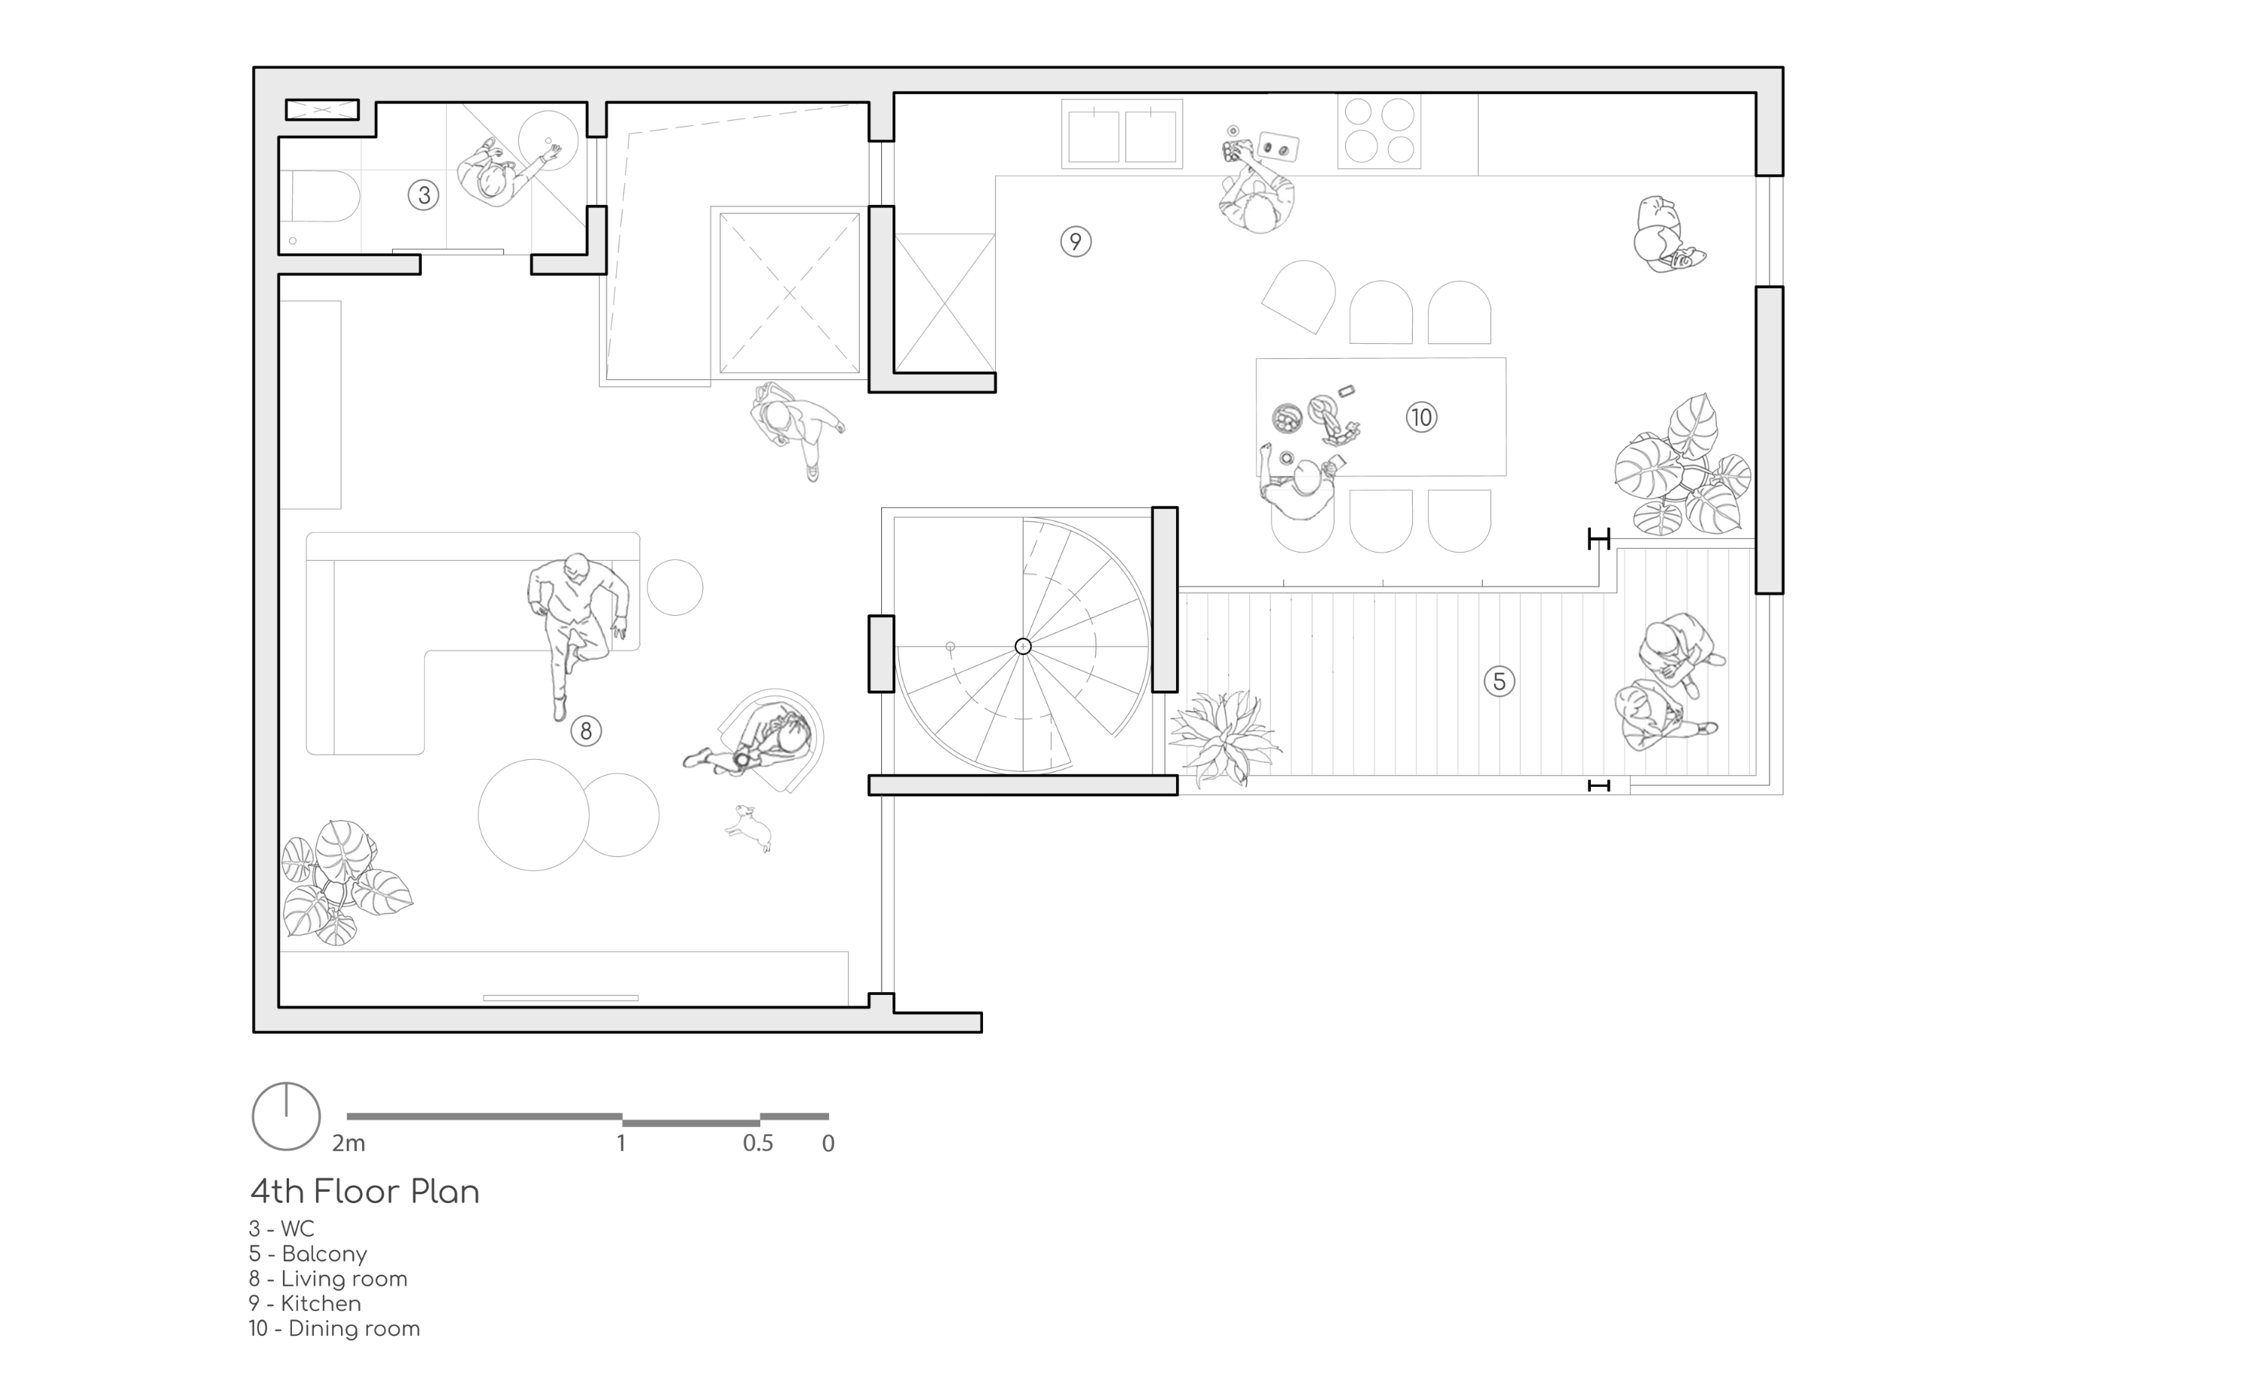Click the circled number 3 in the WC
pos(423,194)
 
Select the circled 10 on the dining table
pos(1421,418)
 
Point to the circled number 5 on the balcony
pos(1499,681)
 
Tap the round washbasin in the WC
pos(548,139)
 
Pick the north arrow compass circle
pos(286,1116)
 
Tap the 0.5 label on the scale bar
pos(757,1144)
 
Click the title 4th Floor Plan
pos(364,1192)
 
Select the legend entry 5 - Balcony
pos(308,1254)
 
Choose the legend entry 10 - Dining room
pos(334,1328)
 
